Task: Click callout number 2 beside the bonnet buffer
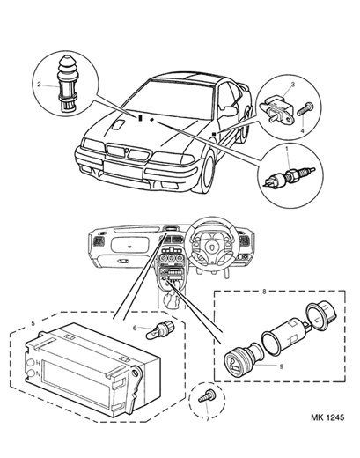(39, 85)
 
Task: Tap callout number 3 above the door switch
(292, 85)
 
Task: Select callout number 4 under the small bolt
(303, 130)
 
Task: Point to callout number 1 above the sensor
(288, 149)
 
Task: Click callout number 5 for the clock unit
(33, 323)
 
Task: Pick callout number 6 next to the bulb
(135, 328)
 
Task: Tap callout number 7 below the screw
(208, 418)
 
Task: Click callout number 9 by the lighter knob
(282, 366)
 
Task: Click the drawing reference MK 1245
(327, 417)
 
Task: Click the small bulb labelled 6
(160, 329)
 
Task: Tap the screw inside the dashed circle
(206, 396)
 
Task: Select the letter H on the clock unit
(38, 363)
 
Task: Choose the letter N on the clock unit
(38, 373)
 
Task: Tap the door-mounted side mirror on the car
(229, 111)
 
